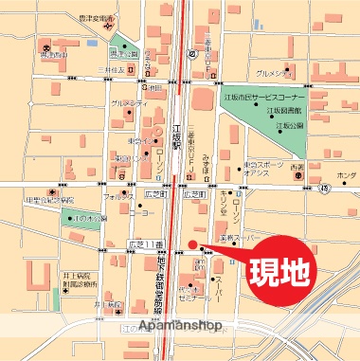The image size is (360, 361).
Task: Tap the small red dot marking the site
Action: [x=191, y=245]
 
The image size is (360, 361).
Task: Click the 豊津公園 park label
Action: [x=120, y=53]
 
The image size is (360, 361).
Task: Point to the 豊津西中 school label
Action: [x=53, y=56]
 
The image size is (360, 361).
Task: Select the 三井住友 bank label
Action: [x=112, y=70]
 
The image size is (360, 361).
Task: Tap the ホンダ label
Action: [x=346, y=176]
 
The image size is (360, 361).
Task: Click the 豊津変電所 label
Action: [x=99, y=17]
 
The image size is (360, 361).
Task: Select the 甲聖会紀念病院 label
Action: [x=50, y=201]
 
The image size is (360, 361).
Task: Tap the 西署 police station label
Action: [x=298, y=175]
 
